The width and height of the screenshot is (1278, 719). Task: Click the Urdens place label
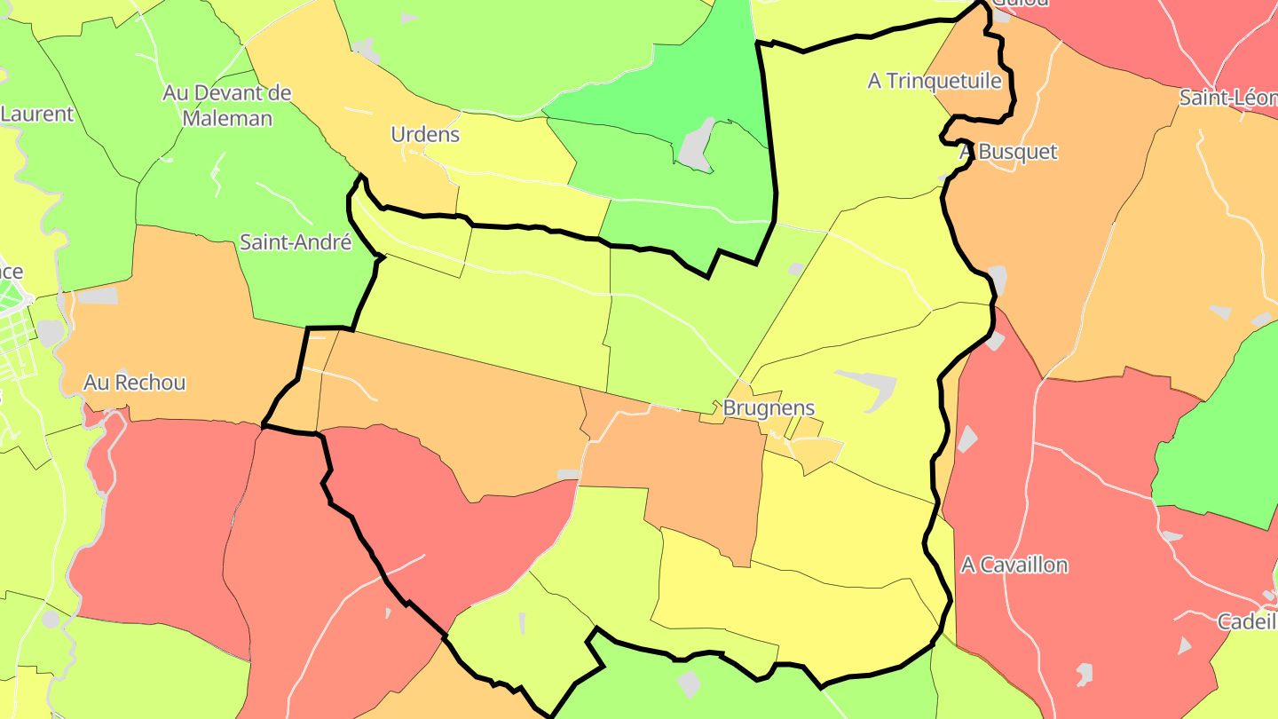click(425, 134)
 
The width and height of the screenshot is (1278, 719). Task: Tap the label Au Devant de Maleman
click(227, 105)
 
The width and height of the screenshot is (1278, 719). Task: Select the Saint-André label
click(296, 242)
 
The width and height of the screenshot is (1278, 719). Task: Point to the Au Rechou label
click(135, 383)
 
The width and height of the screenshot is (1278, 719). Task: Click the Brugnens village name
click(769, 408)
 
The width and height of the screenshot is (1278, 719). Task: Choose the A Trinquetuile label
click(935, 81)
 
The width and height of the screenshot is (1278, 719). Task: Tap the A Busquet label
click(1008, 152)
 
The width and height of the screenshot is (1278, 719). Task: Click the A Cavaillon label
click(1014, 565)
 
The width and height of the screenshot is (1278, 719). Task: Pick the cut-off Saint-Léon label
click(1227, 98)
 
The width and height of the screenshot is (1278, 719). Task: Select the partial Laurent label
click(36, 114)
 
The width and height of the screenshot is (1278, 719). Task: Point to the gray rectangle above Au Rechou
click(98, 296)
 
